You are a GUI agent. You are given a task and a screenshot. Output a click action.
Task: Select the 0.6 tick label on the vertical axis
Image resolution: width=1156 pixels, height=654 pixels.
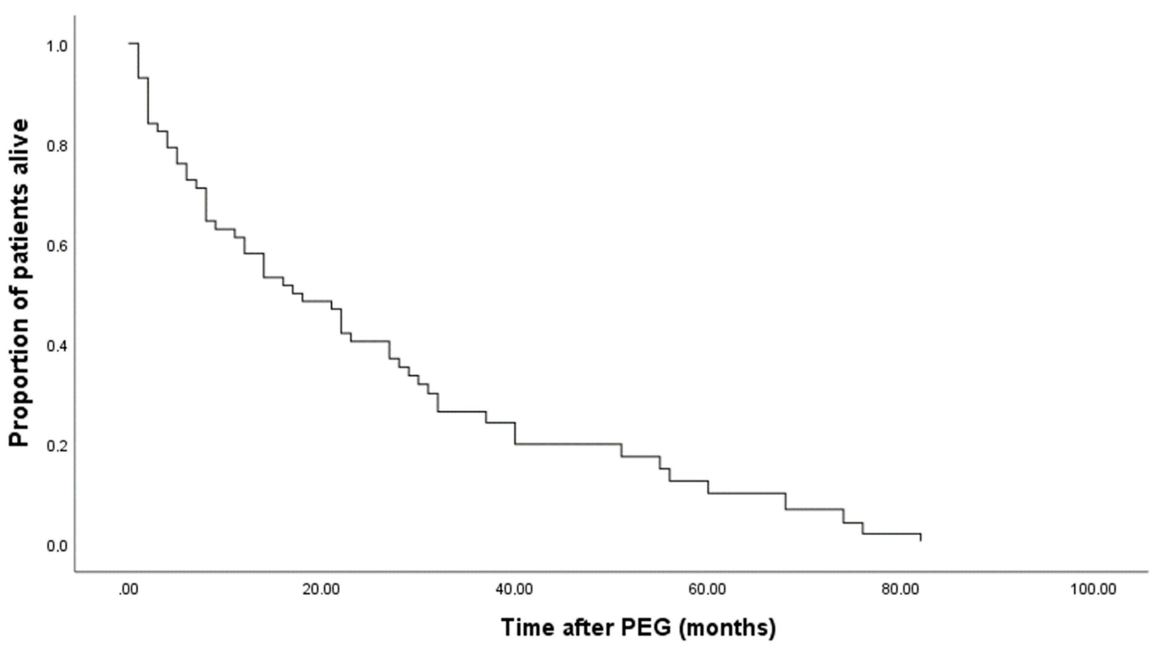coord(57,246)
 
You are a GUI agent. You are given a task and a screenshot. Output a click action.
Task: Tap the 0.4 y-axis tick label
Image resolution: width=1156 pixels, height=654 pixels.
coord(57,346)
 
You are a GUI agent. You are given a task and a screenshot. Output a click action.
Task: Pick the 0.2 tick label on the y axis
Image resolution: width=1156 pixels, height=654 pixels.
coord(57,446)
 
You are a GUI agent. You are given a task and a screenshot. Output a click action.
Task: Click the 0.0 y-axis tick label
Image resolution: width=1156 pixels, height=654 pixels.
coord(57,546)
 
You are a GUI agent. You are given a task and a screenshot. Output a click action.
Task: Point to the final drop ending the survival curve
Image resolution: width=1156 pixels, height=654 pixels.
coord(921,537)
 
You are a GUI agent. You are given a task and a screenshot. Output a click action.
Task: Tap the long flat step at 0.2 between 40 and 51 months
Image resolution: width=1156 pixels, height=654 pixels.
coord(569,444)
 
